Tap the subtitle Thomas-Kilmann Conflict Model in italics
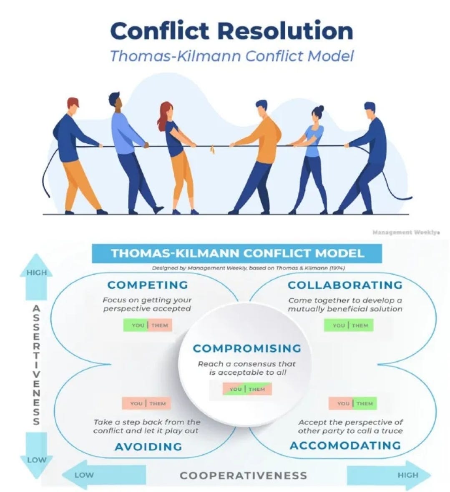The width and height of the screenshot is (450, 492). click(231, 55)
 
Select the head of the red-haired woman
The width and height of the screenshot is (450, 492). click(166, 110)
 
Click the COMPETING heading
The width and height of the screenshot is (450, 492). click(148, 285)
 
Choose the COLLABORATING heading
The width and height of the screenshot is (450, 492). click(345, 285)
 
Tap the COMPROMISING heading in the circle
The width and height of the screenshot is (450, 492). click(247, 348)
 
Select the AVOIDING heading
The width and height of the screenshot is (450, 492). click(148, 447)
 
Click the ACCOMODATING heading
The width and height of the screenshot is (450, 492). click(345, 445)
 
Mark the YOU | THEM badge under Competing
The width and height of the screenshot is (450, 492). click(148, 325)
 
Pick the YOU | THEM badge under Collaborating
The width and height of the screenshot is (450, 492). click(349, 325)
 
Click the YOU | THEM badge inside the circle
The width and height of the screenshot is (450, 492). click(247, 389)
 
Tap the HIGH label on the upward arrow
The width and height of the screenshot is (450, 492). click(37, 273)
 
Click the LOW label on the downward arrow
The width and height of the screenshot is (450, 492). click(37, 460)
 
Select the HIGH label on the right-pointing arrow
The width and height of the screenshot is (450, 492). click(407, 475)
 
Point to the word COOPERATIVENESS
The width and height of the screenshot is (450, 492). click(243, 475)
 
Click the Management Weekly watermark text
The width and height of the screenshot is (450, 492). click(406, 232)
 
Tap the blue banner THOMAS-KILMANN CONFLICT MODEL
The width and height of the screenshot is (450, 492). click(237, 253)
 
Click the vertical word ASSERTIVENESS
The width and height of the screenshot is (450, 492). click(37, 365)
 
